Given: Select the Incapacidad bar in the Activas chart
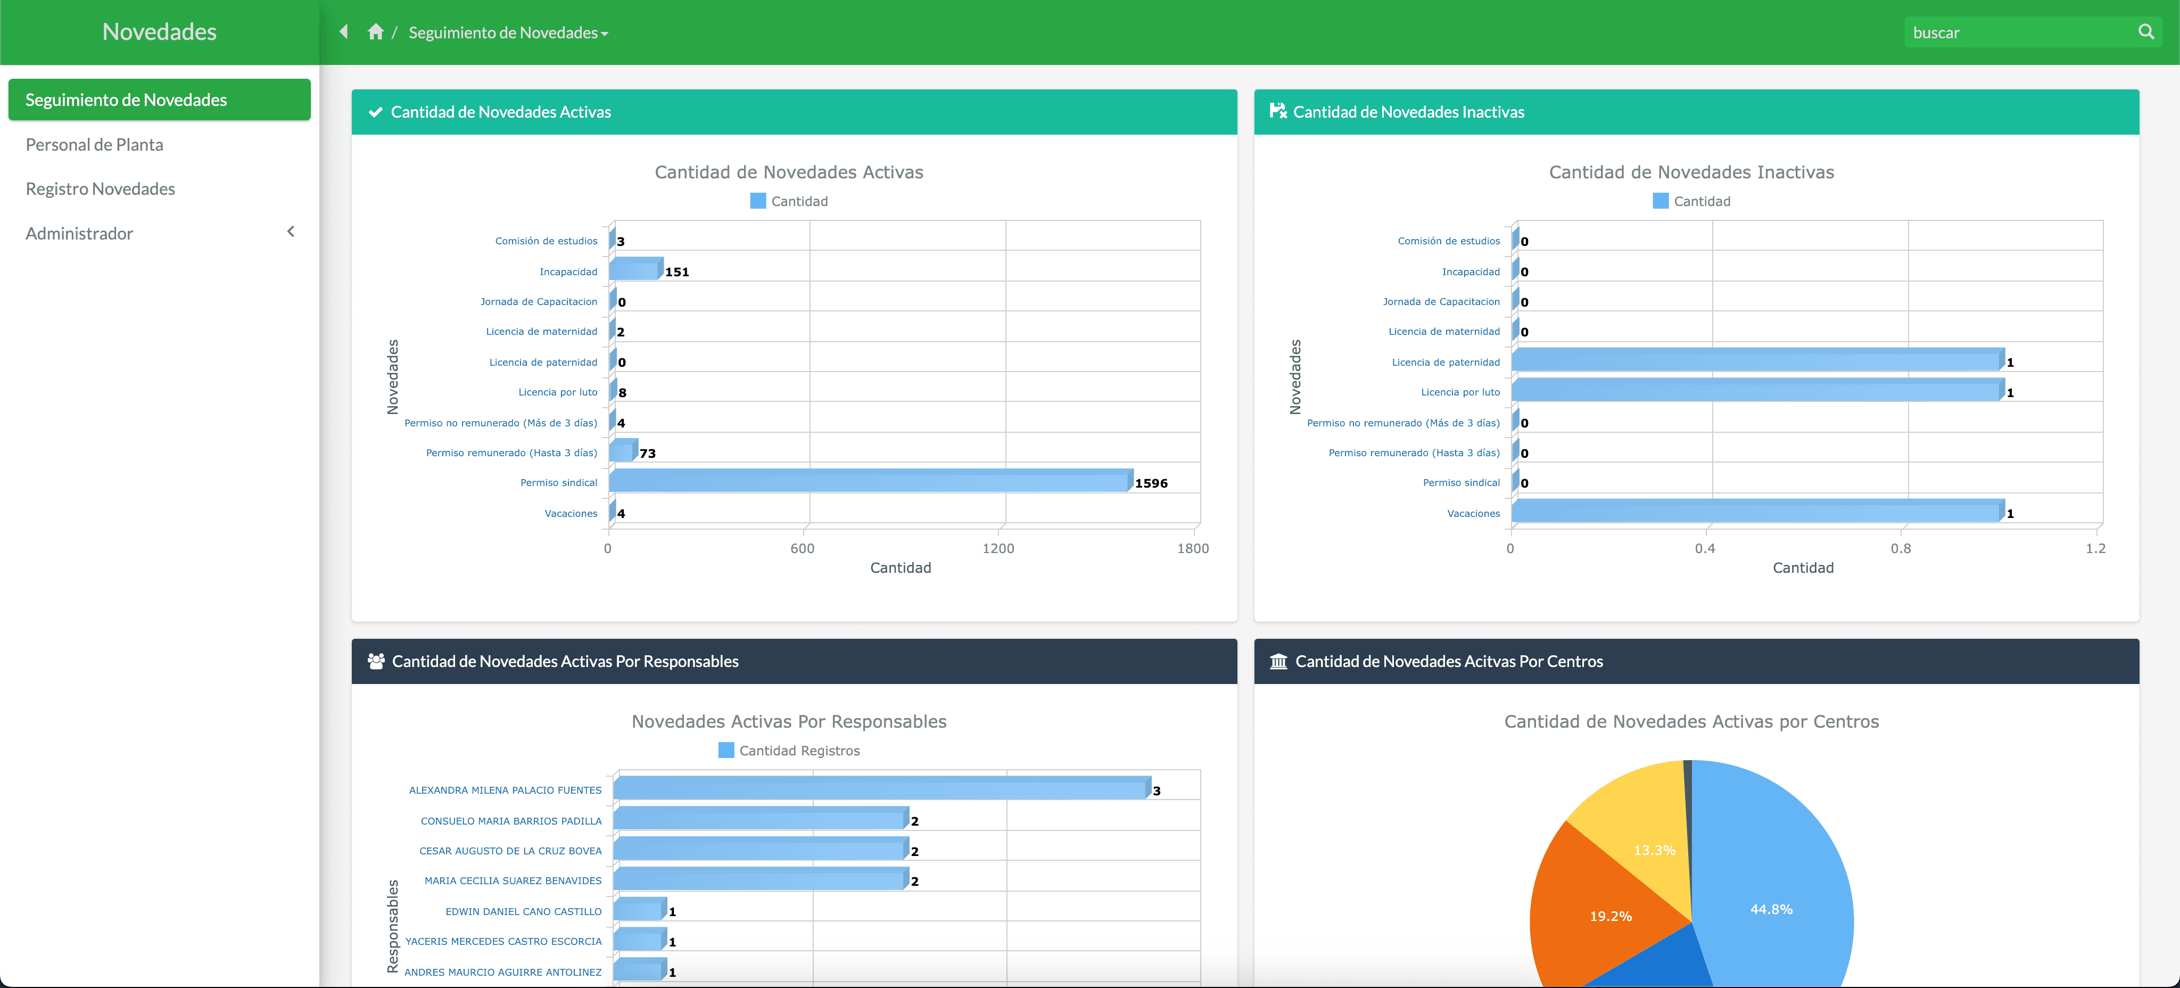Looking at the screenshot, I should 635,270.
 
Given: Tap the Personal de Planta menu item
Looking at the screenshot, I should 94,145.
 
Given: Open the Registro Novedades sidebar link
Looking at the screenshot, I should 100,189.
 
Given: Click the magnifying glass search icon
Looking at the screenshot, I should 2145,32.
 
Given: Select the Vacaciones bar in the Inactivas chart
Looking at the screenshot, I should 1756,512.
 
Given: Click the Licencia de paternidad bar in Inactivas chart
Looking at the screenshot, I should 1756,361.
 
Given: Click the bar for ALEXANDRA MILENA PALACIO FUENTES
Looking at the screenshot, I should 880,788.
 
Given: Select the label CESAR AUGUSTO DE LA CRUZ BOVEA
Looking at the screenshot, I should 510,851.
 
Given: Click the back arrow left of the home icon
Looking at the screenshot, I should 344,32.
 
